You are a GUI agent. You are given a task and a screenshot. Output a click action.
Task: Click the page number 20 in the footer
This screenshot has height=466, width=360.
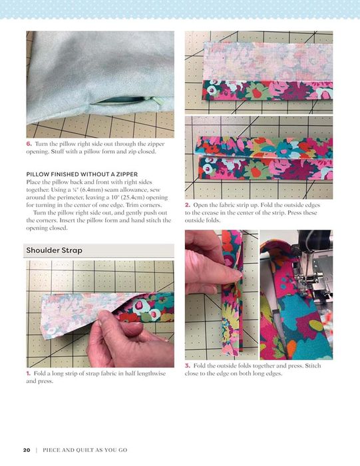27,450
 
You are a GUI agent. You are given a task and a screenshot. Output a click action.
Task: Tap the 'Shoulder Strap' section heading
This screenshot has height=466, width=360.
54,250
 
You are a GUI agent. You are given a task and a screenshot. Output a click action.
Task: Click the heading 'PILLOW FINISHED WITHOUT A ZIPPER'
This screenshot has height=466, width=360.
82,174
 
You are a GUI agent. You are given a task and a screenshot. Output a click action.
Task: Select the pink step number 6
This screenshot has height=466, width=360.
29,144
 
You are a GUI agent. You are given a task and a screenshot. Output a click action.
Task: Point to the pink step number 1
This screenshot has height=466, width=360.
28,373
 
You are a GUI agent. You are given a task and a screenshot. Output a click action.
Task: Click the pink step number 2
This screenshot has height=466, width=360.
188,205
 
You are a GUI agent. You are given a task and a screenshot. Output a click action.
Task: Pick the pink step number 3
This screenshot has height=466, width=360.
188,365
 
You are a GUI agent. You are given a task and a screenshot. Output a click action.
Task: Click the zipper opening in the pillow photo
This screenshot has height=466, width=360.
124,101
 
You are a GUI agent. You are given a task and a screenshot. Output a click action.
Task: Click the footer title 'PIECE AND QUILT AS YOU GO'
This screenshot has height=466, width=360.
85,450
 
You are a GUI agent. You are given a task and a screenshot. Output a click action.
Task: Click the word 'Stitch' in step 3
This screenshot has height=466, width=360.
313,365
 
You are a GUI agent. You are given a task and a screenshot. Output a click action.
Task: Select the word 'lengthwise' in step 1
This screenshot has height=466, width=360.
150,373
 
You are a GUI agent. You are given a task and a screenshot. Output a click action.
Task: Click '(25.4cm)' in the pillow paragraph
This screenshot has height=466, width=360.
135,197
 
